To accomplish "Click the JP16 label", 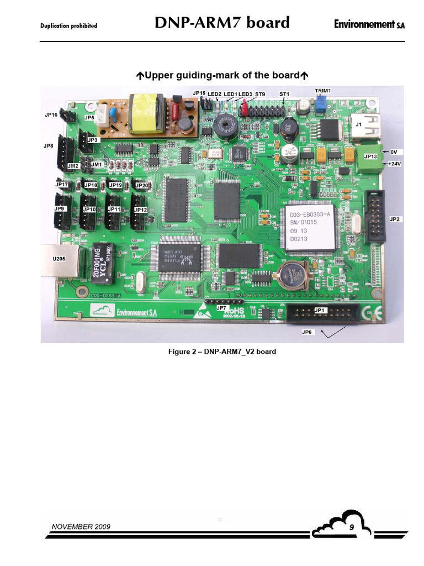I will click(x=51, y=115).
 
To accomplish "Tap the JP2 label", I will click(x=395, y=219).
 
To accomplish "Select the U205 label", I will click(x=59, y=259).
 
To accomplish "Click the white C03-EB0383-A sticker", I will click(x=310, y=227).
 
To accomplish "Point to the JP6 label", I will click(x=308, y=332).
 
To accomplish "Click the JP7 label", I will click(x=221, y=307).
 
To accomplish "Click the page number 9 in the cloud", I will click(x=351, y=529).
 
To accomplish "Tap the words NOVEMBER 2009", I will click(x=81, y=526).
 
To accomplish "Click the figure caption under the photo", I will click(x=222, y=352).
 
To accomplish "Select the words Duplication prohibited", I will click(x=69, y=25).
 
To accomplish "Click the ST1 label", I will click(x=284, y=95).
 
